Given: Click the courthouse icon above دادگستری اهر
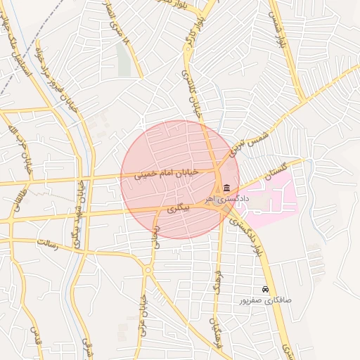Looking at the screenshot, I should tap(226, 188).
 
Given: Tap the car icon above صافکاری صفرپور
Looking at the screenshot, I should tap(264, 290).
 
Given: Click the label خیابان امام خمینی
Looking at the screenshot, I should tap(167, 173).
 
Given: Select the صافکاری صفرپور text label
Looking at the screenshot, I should tap(265, 300).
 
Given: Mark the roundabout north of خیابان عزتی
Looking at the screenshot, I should tap(148, 269).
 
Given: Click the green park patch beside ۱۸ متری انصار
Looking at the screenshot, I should tap(124, 63).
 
